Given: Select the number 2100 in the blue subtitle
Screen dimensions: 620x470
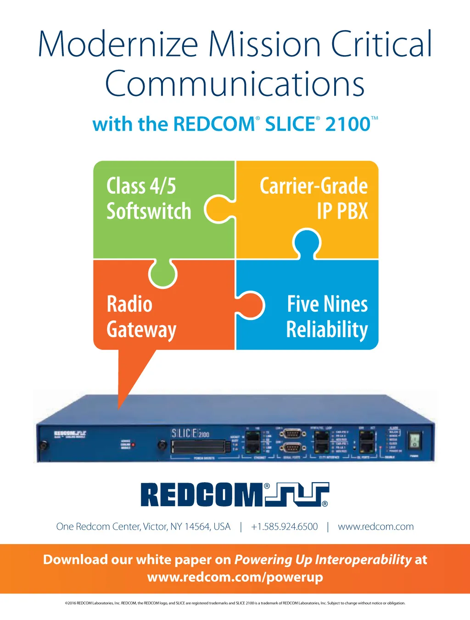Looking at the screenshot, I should (x=347, y=124).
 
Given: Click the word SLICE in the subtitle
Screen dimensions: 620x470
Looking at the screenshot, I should (x=290, y=124).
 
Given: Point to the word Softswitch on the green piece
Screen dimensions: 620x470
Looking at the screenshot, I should (x=149, y=211).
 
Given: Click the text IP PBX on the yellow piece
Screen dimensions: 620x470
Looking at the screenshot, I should (x=342, y=211).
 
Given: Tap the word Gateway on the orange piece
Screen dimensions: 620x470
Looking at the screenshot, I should (x=141, y=330).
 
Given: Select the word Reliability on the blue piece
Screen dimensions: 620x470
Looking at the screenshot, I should (x=327, y=330).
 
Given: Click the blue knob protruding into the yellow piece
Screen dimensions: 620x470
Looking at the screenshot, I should (x=307, y=243).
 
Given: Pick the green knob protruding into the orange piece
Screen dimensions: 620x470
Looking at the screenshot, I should (x=163, y=274).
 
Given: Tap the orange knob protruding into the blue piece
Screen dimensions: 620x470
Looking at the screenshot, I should (x=252, y=304).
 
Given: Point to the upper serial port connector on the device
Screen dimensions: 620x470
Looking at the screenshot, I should (x=292, y=434).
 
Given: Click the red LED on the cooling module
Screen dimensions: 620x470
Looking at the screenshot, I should (x=134, y=445).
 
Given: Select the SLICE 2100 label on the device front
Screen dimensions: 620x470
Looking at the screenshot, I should (x=190, y=433).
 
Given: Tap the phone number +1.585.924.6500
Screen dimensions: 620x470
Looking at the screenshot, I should (x=284, y=527).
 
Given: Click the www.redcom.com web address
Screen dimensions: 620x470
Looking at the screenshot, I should (x=375, y=527).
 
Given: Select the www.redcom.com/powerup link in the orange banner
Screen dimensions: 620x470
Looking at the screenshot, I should (x=235, y=577).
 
